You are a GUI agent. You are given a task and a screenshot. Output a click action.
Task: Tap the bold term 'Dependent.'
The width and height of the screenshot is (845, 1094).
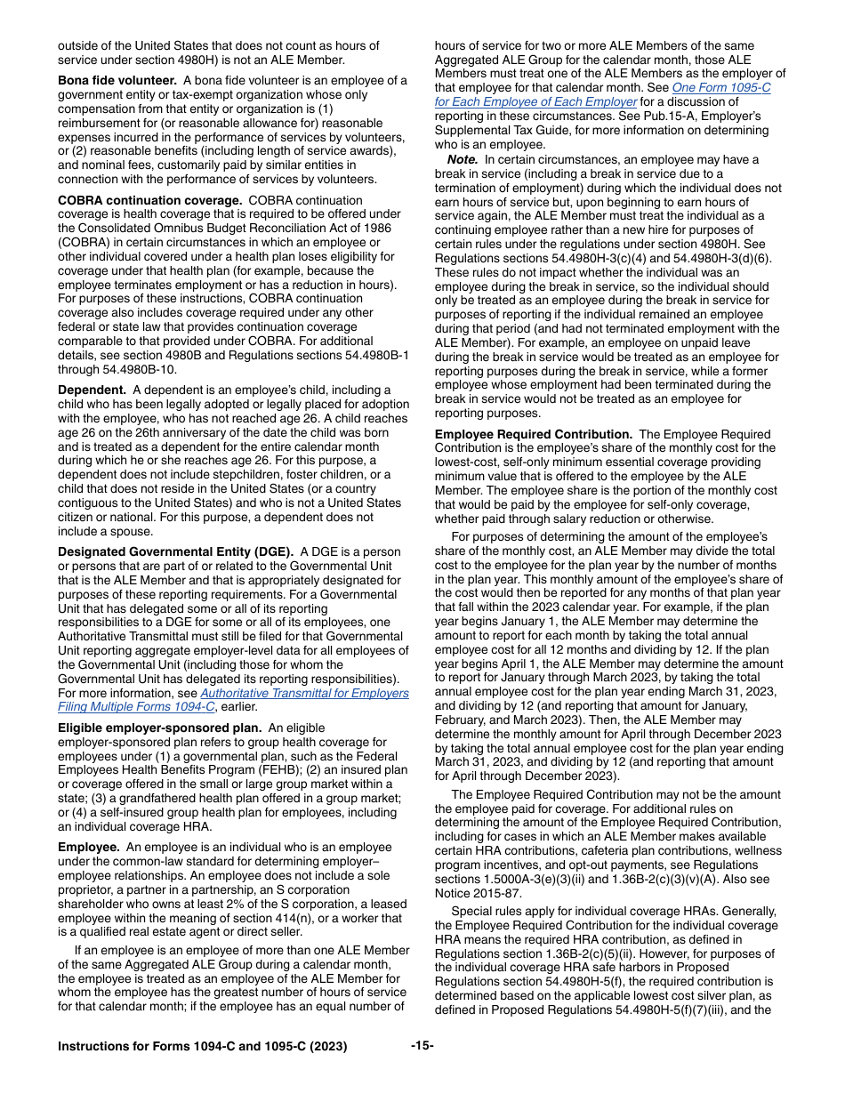pyautogui.click(x=92, y=390)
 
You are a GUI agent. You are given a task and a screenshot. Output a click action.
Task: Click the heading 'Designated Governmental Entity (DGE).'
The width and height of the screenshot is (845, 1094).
pyautogui.click(x=175, y=551)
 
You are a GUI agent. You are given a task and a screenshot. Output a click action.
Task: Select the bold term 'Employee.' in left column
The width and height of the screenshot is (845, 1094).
pyautogui.click(x=88, y=847)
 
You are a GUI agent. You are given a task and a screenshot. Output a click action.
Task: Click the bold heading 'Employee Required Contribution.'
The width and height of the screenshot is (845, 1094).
pyautogui.click(x=533, y=434)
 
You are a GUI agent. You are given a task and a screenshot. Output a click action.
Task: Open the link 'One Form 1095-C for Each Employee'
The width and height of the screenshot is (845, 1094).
pyautogui.click(x=721, y=88)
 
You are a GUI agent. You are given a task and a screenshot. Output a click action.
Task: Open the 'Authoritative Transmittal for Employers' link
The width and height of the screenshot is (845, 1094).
pyautogui.click(x=304, y=694)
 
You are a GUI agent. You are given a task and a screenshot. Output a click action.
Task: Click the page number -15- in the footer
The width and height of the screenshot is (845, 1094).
pyautogui.click(x=422, y=1046)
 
